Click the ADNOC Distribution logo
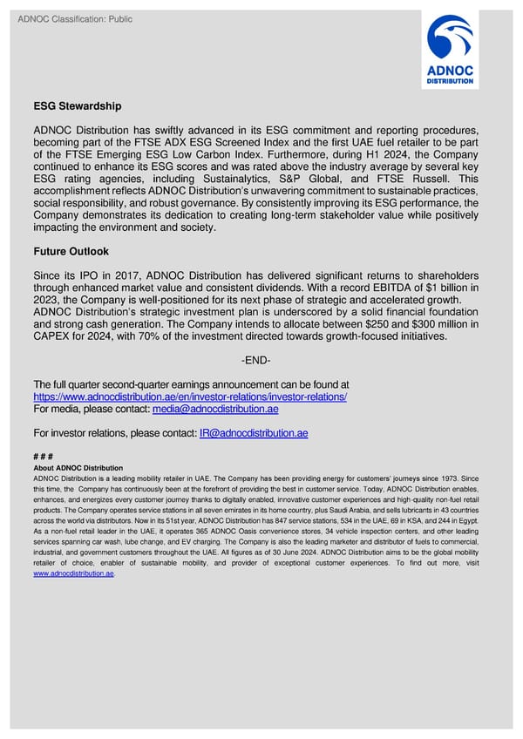[x=450, y=51]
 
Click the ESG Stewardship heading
[x=77, y=106]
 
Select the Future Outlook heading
[x=71, y=251]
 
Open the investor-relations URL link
[x=190, y=397]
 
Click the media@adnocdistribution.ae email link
[x=215, y=409]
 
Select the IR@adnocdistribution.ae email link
[x=253, y=433]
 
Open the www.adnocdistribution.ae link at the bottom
[x=73, y=573]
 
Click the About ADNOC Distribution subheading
[x=78, y=468]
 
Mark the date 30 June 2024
[x=293, y=553]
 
